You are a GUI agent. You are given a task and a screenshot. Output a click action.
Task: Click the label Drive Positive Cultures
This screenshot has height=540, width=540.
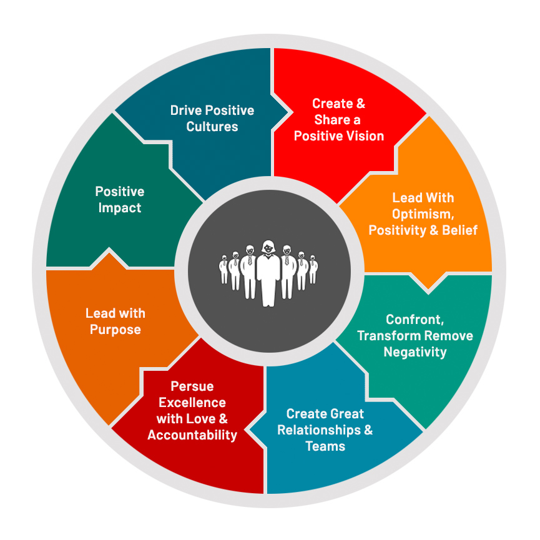[x=212, y=119]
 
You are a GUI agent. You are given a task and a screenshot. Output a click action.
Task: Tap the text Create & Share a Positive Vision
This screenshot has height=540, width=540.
[x=339, y=120]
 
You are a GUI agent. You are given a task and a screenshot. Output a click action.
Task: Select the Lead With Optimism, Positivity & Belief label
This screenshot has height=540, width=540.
[x=423, y=214]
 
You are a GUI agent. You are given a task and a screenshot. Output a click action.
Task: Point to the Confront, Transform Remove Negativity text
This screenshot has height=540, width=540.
[x=415, y=336]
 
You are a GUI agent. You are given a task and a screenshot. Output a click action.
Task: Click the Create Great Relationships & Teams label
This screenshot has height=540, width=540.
[x=325, y=430]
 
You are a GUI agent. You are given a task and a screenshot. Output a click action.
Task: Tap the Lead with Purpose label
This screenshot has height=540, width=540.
[x=115, y=321]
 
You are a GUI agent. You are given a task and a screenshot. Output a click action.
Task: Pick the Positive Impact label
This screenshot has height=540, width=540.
[x=119, y=200]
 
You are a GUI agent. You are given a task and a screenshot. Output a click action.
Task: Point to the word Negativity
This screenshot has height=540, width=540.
[x=415, y=352]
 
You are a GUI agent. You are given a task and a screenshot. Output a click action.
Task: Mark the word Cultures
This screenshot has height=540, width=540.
[x=212, y=127]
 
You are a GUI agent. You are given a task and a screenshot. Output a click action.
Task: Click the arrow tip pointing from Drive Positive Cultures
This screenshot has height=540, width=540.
[x=288, y=113]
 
